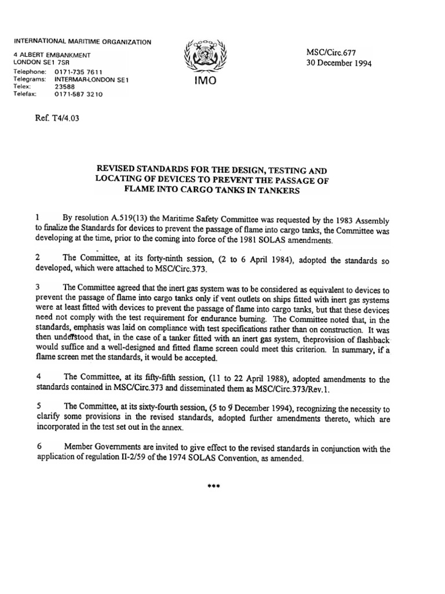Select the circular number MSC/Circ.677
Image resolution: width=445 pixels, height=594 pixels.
330,52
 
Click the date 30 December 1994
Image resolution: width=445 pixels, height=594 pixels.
339,63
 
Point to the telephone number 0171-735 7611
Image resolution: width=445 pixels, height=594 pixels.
79,72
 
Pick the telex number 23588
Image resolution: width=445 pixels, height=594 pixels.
65,87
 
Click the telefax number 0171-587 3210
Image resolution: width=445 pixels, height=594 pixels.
79,95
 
